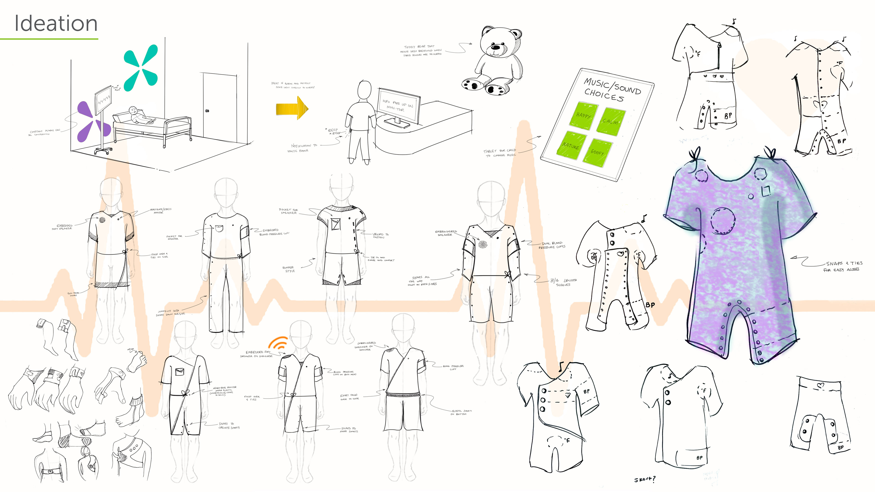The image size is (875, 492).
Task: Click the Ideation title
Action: [x=56, y=23]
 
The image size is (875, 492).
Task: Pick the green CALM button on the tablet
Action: [x=610, y=121]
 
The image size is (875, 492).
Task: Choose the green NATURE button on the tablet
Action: [x=571, y=146]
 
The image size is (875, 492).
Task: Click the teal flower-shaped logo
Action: [x=141, y=68]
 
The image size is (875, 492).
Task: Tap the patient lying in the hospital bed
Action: [x=138, y=115]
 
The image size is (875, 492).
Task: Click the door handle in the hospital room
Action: [x=207, y=111]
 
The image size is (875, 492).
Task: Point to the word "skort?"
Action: [x=644, y=479]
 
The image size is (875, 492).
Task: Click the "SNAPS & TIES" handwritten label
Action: [x=844, y=263]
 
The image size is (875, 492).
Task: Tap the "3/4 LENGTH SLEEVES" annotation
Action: [x=564, y=282]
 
